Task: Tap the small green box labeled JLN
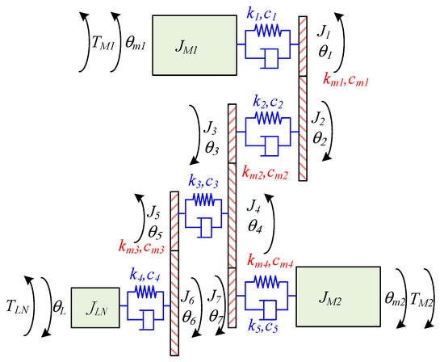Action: (94, 307)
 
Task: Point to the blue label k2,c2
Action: (269, 101)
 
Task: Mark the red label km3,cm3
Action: (140, 242)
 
